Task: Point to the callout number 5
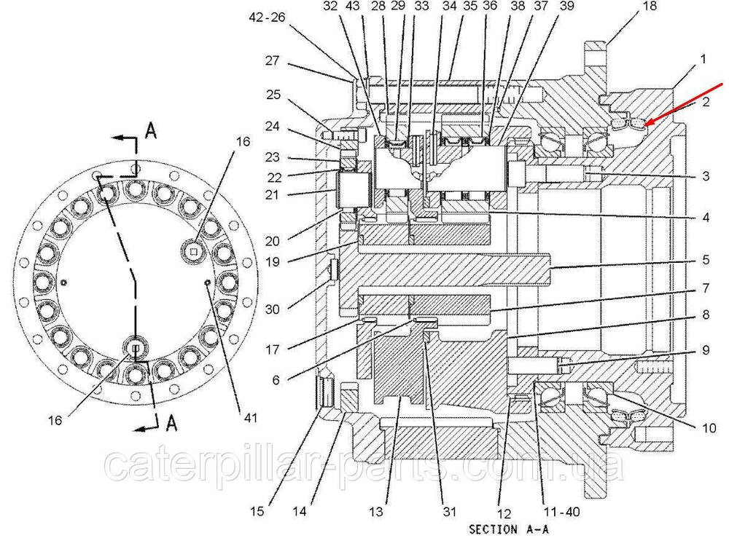[704, 258]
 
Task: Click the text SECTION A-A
[506, 529]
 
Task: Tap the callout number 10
[709, 428]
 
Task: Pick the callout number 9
[704, 349]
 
